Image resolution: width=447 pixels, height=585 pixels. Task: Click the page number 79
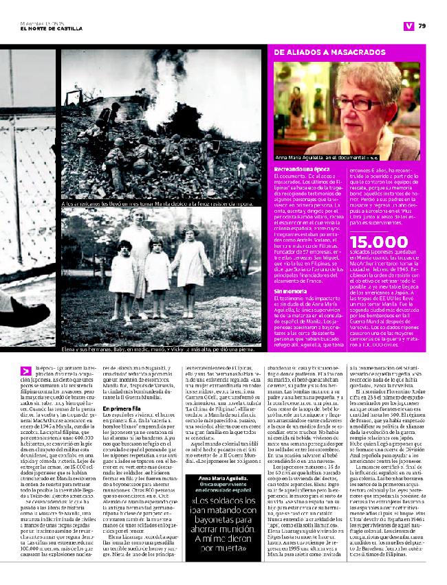[x=422, y=27]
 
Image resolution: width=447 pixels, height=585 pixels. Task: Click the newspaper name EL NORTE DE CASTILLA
[x=47, y=27]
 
